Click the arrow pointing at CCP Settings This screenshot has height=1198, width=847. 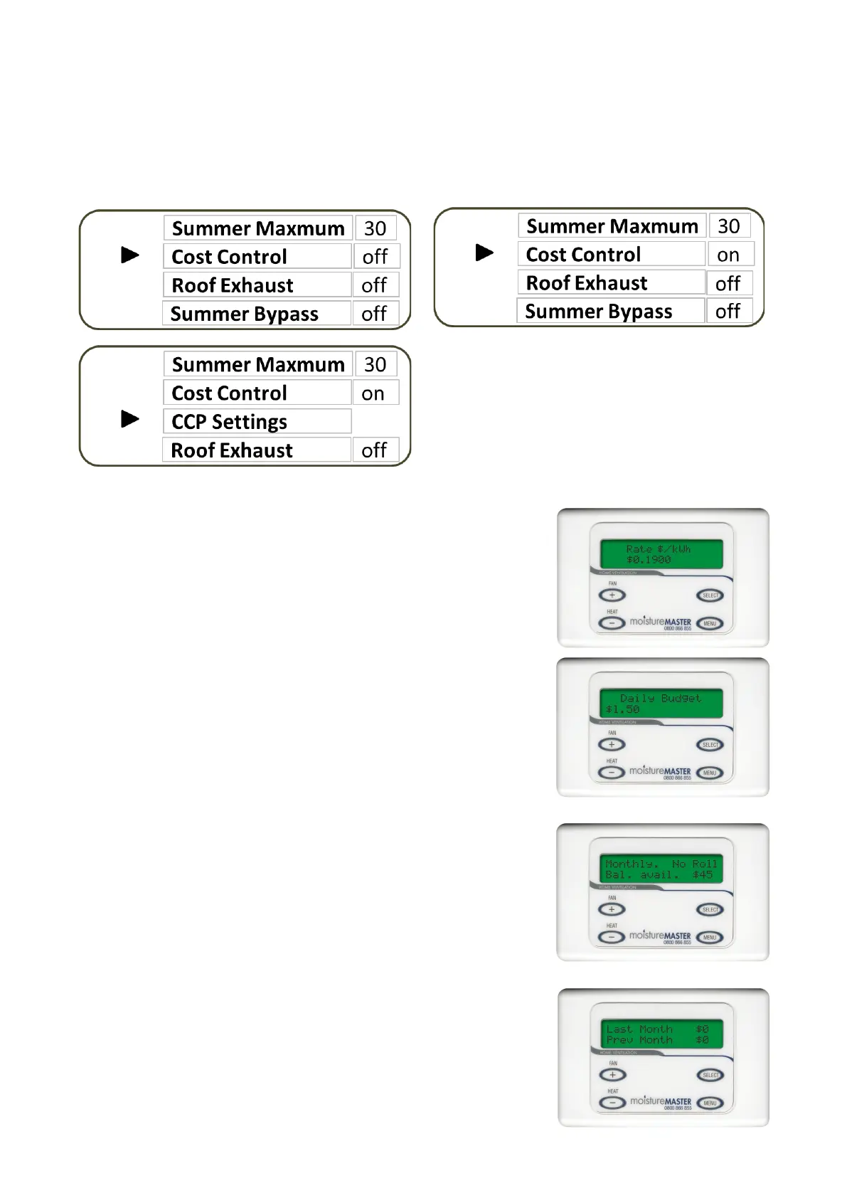[130, 419]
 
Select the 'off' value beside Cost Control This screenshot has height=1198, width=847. [375, 256]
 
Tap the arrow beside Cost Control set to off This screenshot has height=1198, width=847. [130, 255]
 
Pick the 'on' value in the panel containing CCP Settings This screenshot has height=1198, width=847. [374, 393]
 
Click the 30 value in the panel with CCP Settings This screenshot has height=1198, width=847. [375, 364]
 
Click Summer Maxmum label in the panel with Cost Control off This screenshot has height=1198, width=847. [257, 228]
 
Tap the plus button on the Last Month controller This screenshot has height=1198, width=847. [612, 1074]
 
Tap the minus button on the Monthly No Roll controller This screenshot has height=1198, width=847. [612, 937]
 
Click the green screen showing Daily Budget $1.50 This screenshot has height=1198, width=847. [661, 704]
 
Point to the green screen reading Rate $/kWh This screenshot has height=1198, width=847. [661, 554]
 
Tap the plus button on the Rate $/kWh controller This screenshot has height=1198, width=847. [612, 595]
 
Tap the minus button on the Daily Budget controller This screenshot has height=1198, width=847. [612, 772]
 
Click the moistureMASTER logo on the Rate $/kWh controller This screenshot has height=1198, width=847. [660, 622]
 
